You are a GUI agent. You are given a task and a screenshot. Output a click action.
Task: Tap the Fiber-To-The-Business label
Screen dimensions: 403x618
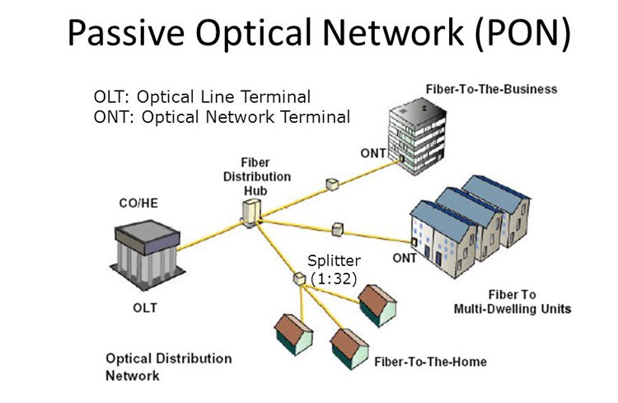pyautogui.click(x=492, y=88)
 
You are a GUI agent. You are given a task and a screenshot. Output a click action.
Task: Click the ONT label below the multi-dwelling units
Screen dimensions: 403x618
pyautogui.click(x=405, y=258)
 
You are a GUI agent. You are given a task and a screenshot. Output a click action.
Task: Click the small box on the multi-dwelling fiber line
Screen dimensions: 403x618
pyautogui.click(x=336, y=228)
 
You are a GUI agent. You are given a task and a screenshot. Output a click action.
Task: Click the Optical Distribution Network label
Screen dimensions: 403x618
pyautogui.click(x=168, y=367)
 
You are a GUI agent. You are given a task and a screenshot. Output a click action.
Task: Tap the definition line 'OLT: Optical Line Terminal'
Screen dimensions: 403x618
pyautogui.click(x=205, y=96)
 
